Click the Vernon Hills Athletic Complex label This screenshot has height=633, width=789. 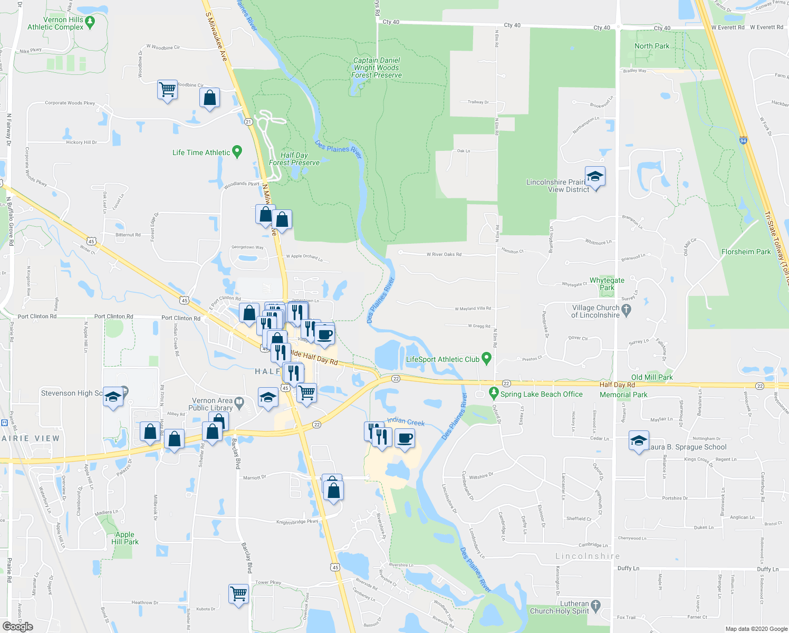pos(55,23)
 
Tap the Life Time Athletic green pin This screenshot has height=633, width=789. pos(237,152)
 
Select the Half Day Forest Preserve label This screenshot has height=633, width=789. pos(294,159)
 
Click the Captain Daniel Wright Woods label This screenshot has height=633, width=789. pos(377,68)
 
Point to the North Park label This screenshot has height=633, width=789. pos(652,46)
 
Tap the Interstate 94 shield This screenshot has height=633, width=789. pos(743,141)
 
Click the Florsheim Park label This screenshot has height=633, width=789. pos(746,252)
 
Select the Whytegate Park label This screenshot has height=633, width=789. pos(607,284)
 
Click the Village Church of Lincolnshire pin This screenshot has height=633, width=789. pos(627,311)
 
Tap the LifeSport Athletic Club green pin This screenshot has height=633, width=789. pos(487,359)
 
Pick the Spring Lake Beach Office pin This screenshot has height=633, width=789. pos(494,393)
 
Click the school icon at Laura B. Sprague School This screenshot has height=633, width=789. pos(639,440)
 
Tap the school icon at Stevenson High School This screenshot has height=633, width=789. pos(113,397)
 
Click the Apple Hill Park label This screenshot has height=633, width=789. pos(125,538)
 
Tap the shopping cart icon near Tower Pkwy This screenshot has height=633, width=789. pos(238,593)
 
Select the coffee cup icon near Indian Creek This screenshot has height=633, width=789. pos(405,438)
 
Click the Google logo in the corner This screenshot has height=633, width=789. pos(17,626)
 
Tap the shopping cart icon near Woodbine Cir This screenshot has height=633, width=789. pos(167,90)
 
